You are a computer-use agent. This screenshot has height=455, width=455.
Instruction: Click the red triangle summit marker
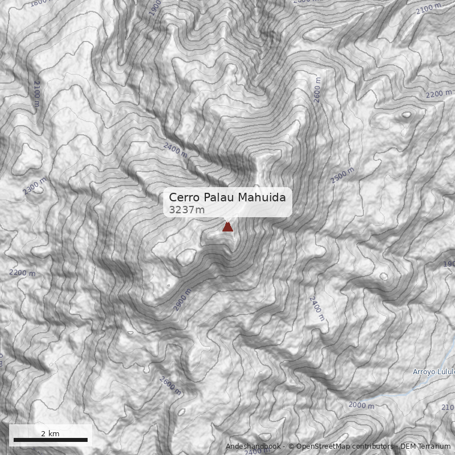coord(227,227)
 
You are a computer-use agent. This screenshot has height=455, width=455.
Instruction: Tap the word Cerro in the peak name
coord(184,197)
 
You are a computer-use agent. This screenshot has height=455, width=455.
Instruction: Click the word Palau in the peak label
coord(218,197)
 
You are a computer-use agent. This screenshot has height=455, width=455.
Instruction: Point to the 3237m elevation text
coord(187,210)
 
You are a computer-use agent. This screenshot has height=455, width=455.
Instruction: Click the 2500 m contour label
coord(342,176)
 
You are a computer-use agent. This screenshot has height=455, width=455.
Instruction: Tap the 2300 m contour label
coord(35,186)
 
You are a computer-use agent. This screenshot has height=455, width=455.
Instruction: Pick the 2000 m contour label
coord(361,405)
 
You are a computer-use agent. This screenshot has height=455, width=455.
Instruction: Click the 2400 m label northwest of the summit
coord(175,150)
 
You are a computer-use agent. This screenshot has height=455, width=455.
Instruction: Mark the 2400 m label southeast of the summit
coord(316,308)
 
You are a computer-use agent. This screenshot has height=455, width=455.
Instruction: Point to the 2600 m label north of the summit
coord(317,93)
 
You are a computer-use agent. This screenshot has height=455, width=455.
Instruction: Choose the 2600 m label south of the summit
coord(170,386)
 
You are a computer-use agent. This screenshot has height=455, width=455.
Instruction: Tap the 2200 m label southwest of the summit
coord(22,273)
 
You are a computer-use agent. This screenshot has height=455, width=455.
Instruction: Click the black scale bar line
coord(50,440)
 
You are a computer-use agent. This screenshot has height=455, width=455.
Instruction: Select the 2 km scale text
coord(50,433)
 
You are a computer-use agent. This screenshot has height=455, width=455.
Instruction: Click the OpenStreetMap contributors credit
coord(341,446)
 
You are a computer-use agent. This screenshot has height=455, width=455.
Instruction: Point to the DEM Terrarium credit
coord(425,446)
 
